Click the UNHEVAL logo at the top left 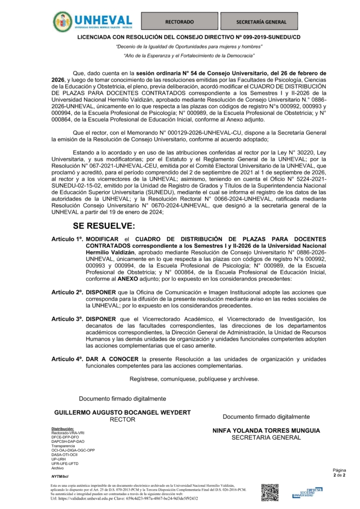click(x=93, y=21)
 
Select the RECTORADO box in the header click(x=179, y=22)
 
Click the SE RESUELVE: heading click(x=104, y=226)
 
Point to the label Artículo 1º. click(x=67, y=239)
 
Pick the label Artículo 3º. click(x=67, y=319)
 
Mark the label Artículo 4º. click(x=67, y=358)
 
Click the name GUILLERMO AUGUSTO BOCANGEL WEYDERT click(x=122, y=412)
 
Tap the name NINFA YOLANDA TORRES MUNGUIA click(x=266, y=430)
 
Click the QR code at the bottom click(x=270, y=492)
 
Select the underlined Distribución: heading click(x=63, y=428)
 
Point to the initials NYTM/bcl click(x=60, y=476)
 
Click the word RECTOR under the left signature click(x=122, y=419)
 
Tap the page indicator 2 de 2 click(x=340, y=475)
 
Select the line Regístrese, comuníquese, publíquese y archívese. click(x=193, y=379)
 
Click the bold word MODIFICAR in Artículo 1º click(x=103, y=239)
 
